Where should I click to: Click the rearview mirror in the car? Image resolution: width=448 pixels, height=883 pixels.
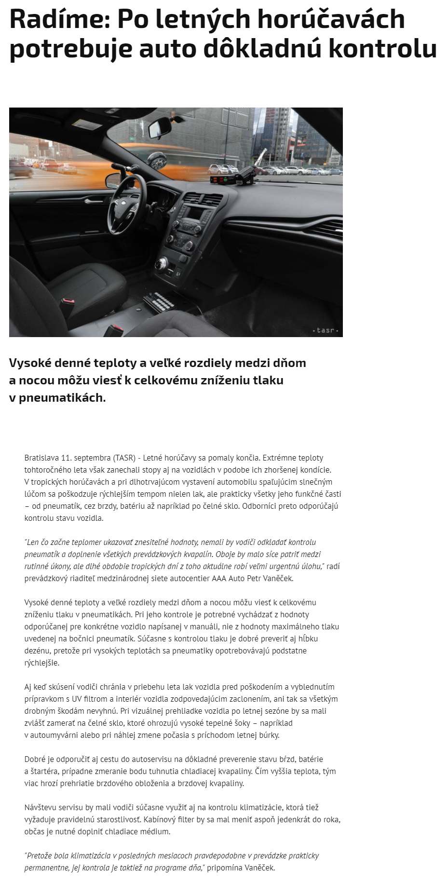pyautogui.click(x=159, y=129)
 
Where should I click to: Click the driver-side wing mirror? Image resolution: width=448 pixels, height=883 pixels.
pyautogui.click(x=113, y=180)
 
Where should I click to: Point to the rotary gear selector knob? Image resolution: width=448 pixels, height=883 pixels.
pyautogui.click(x=161, y=263)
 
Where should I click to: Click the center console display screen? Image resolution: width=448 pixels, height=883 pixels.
pyautogui.click(x=196, y=212)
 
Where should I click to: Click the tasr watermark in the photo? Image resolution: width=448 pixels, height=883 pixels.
pyautogui.click(x=326, y=330)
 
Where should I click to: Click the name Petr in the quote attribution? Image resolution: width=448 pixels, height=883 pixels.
pyautogui.click(x=256, y=578)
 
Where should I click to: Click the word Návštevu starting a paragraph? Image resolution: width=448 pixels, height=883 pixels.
pyautogui.click(x=40, y=807)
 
